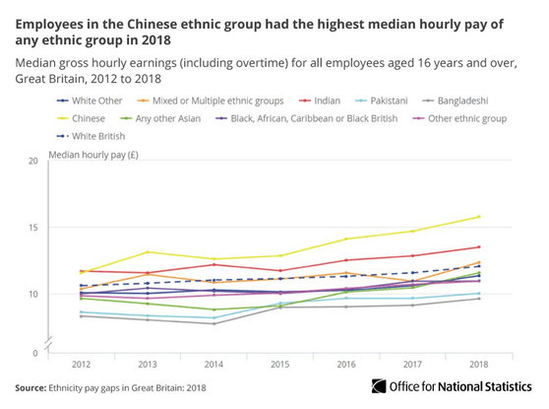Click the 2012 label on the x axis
click(x=82, y=362)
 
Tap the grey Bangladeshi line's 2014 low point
click(x=214, y=323)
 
